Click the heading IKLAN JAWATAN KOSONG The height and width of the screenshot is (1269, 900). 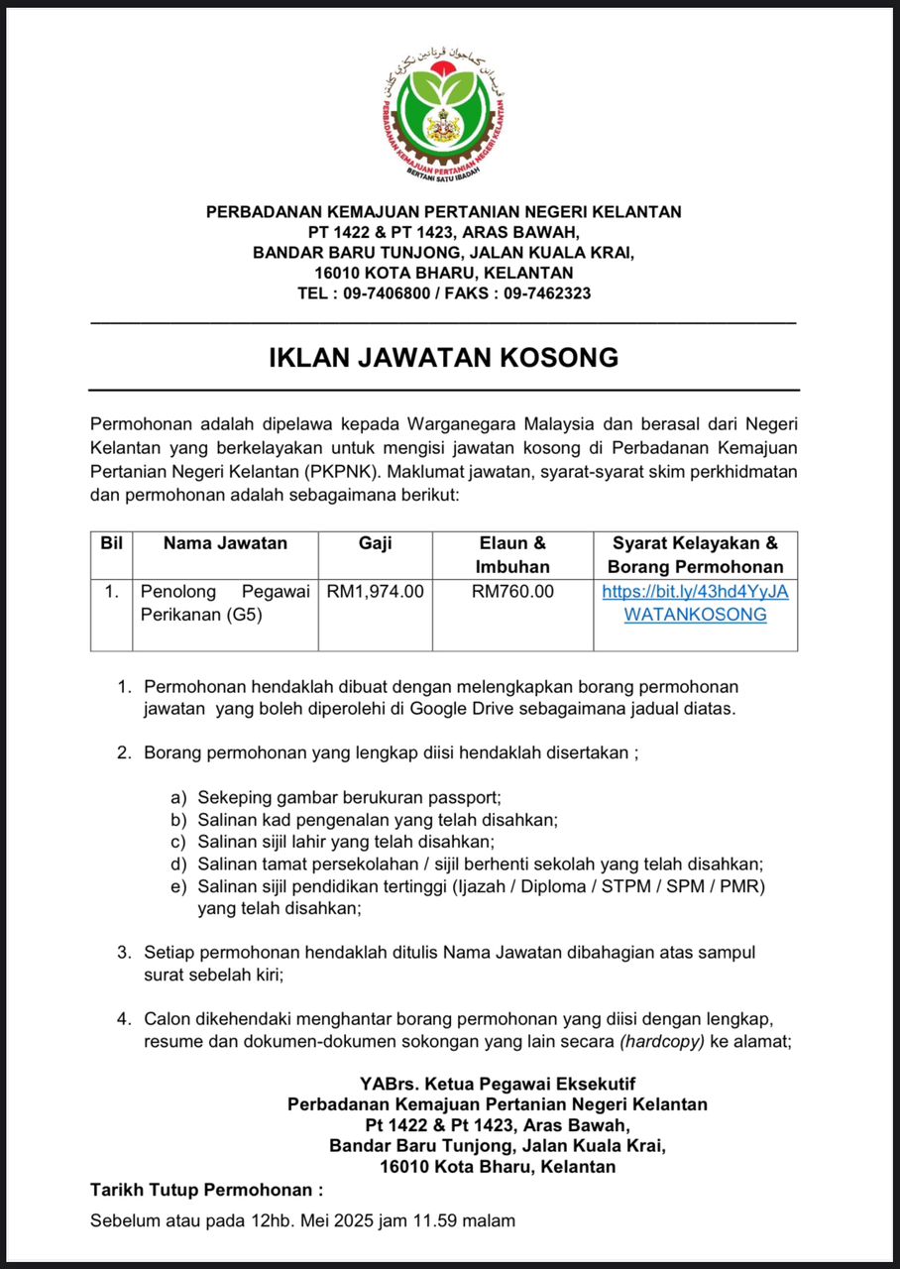coord(443,357)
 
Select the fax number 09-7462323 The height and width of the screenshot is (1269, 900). coord(548,293)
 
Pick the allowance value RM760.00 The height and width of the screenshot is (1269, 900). coord(512,592)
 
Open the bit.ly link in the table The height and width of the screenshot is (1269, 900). coord(695,603)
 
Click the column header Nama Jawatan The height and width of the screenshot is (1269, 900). coord(225,543)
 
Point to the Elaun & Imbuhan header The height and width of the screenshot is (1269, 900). coord(512,555)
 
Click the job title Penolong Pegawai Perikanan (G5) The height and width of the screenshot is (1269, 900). coord(225,603)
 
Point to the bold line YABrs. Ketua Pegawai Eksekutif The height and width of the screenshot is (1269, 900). coord(497,1083)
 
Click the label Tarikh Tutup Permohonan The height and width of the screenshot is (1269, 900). coord(206,1189)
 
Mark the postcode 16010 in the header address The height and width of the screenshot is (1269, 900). coord(337,273)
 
